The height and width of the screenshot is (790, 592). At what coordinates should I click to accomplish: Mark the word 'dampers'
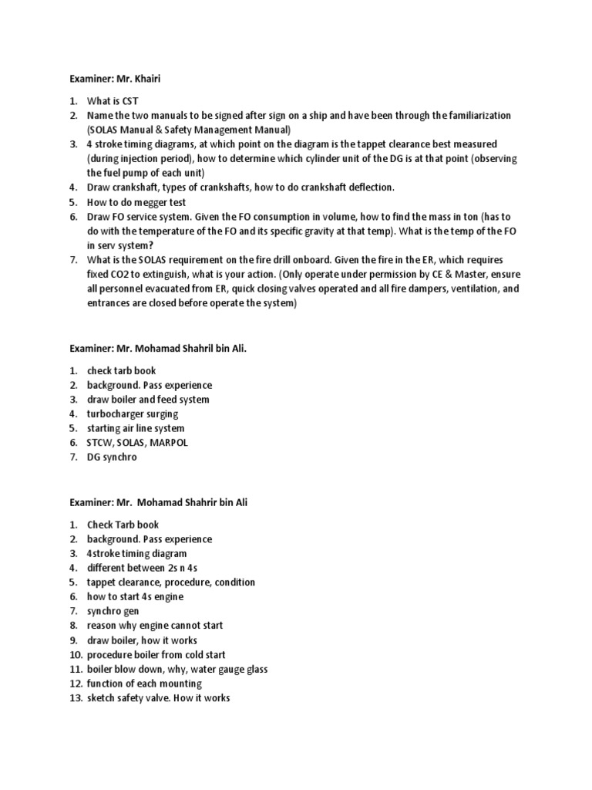click(421, 289)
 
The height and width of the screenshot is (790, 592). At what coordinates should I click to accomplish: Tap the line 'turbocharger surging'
click(132, 414)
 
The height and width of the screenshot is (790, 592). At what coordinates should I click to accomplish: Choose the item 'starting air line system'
click(136, 428)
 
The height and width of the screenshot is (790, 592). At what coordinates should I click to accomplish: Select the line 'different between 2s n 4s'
click(137, 568)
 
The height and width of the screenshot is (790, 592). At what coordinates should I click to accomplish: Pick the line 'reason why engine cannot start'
click(155, 626)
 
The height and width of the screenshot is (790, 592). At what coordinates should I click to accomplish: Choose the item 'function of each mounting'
click(144, 684)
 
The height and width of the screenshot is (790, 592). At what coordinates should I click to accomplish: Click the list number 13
click(75, 698)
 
